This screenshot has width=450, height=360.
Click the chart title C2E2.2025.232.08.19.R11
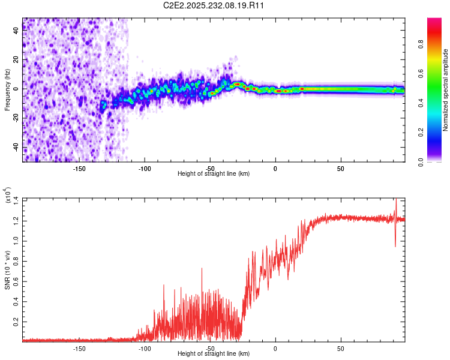214,6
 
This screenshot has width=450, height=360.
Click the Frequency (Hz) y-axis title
7,90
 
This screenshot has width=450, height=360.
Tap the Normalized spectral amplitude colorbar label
445,90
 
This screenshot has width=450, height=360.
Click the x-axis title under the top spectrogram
214,173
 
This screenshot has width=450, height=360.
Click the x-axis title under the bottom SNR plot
214,353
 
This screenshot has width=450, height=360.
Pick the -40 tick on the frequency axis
16,147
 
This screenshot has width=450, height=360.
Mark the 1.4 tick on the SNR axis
16,199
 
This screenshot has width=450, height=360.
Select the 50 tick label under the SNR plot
340,348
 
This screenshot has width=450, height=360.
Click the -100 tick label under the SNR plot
145,348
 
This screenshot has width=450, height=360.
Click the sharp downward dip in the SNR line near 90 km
395,245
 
